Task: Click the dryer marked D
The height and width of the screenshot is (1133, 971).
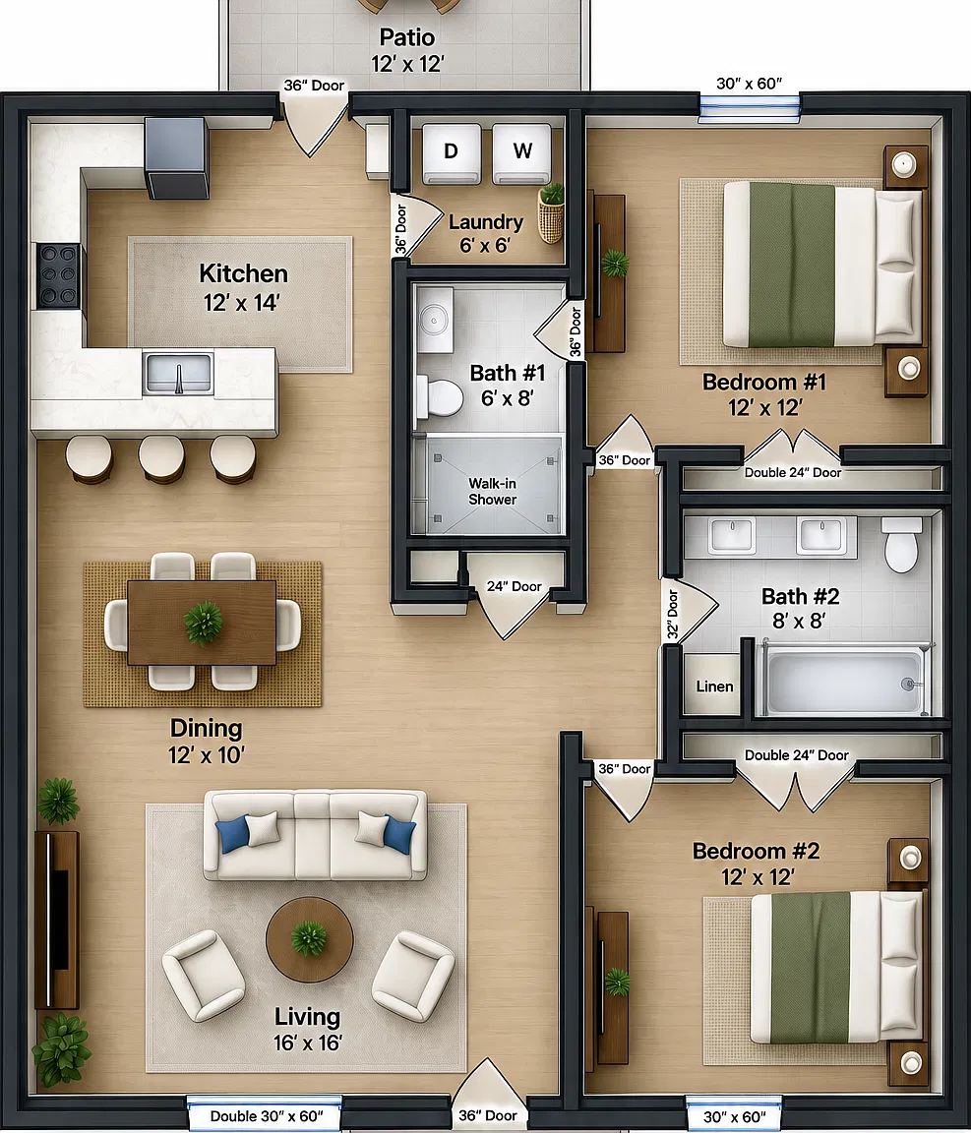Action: pyautogui.click(x=452, y=153)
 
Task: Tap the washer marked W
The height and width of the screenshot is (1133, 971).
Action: pyautogui.click(x=522, y=153)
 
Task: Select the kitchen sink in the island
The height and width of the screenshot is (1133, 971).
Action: pyautogui.click(x=178, y=373)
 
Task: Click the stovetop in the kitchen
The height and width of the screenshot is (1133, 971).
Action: pyautogui.click(x=59, y=275)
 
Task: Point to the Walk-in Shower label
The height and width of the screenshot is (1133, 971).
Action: pyautogui.click(x=492, y=492)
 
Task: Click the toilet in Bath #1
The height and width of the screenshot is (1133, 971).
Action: pyautogui.click(x=440, y=396)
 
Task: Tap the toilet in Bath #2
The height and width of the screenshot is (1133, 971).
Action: pyautogui.click(x=901, y=545)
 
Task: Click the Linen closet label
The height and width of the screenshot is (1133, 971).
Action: pyautogui.click(x=714, y=686)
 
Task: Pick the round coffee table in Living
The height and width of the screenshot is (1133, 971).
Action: pyautogui.click(x=310, y=940)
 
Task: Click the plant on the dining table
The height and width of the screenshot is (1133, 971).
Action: pyautogui.click(x=204, y=623)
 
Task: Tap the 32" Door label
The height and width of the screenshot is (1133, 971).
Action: pyautogui.click(x=672, y=614)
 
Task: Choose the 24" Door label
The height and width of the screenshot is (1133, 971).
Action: pyautogui.click(x=514, y=586)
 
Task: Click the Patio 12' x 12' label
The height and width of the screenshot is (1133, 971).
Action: pyautogui.click(x=407, y=50)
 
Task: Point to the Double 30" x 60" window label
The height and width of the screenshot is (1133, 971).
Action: pyautogui.click(x=266, y=1115)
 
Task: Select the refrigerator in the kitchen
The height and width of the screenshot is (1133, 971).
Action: pyautogui.click(x=176, y=158)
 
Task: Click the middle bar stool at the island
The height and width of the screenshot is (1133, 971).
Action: pyautogui.click(x=162, y=458)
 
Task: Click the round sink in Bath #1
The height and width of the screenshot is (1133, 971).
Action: pyautogui.click(x=435, y=319)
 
